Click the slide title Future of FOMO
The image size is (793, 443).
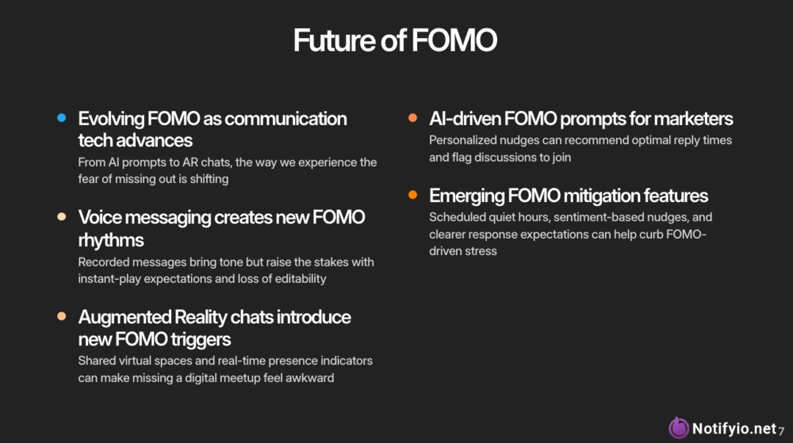click(x=395, y=40)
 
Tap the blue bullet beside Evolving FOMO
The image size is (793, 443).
click(x=62, y=118)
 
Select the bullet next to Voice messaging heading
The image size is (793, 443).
click(x=62, y=216)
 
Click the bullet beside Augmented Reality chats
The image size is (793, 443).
click(x=62, y=316)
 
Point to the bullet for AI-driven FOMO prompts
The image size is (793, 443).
click(x=412, y=118)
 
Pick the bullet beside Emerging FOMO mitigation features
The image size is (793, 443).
click(x=412, y=195)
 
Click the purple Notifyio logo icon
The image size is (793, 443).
click(x=679, y=428)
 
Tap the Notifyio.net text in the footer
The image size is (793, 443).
click(x=734, y=429)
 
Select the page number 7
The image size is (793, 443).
click(x=781, y=431)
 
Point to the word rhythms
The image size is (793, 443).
click(x=111, y=240)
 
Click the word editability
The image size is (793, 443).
click(x=301, y=279)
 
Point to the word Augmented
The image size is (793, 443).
click(x=125, y=318)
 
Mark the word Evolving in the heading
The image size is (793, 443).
click(x=111, y=119)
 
